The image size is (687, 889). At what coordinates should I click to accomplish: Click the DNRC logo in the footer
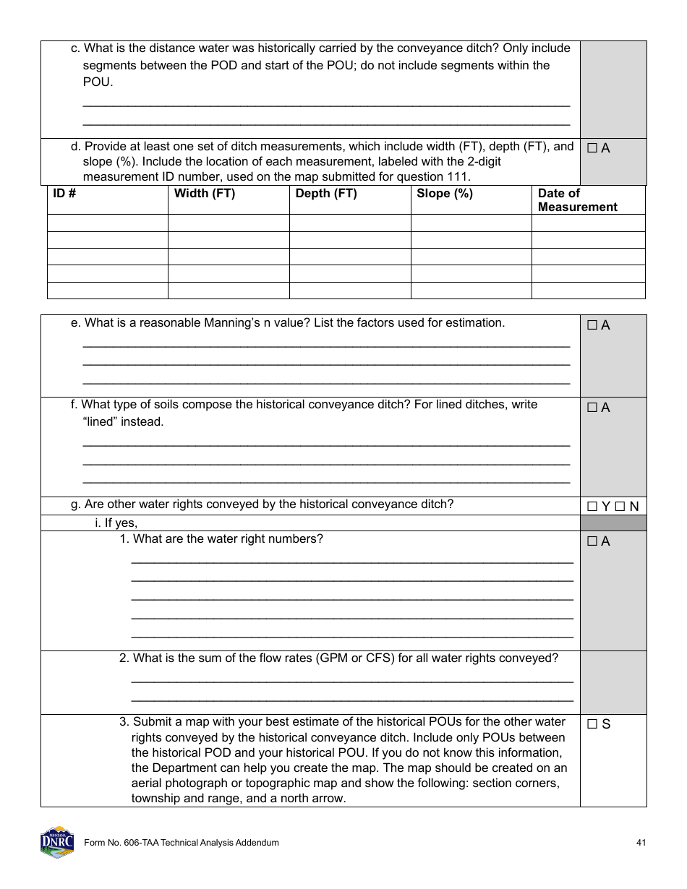click(57, 842)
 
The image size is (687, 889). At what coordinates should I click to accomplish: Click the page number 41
click(641, 843)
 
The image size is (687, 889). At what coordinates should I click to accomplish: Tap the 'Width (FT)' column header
click(205, 194)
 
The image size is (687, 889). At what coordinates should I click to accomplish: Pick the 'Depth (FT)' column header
click(326, 194)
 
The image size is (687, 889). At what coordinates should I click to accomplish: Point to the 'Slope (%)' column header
click(444, 194)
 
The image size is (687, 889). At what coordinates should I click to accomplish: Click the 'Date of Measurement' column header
click(577, 200)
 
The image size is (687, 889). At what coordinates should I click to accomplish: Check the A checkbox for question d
click(592, 148)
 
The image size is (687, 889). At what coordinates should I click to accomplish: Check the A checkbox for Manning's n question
click(592, 326)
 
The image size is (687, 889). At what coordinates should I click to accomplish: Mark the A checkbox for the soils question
click(592, 408)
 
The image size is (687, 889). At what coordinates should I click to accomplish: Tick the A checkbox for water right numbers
click(592, 541)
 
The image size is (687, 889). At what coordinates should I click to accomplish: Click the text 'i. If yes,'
click(116, 523)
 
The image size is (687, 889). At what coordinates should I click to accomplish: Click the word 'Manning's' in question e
click(227, 323)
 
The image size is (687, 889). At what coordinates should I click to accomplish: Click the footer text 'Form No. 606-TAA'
click(120, 843)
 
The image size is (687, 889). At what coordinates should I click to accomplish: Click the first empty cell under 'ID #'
click(107, 223)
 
